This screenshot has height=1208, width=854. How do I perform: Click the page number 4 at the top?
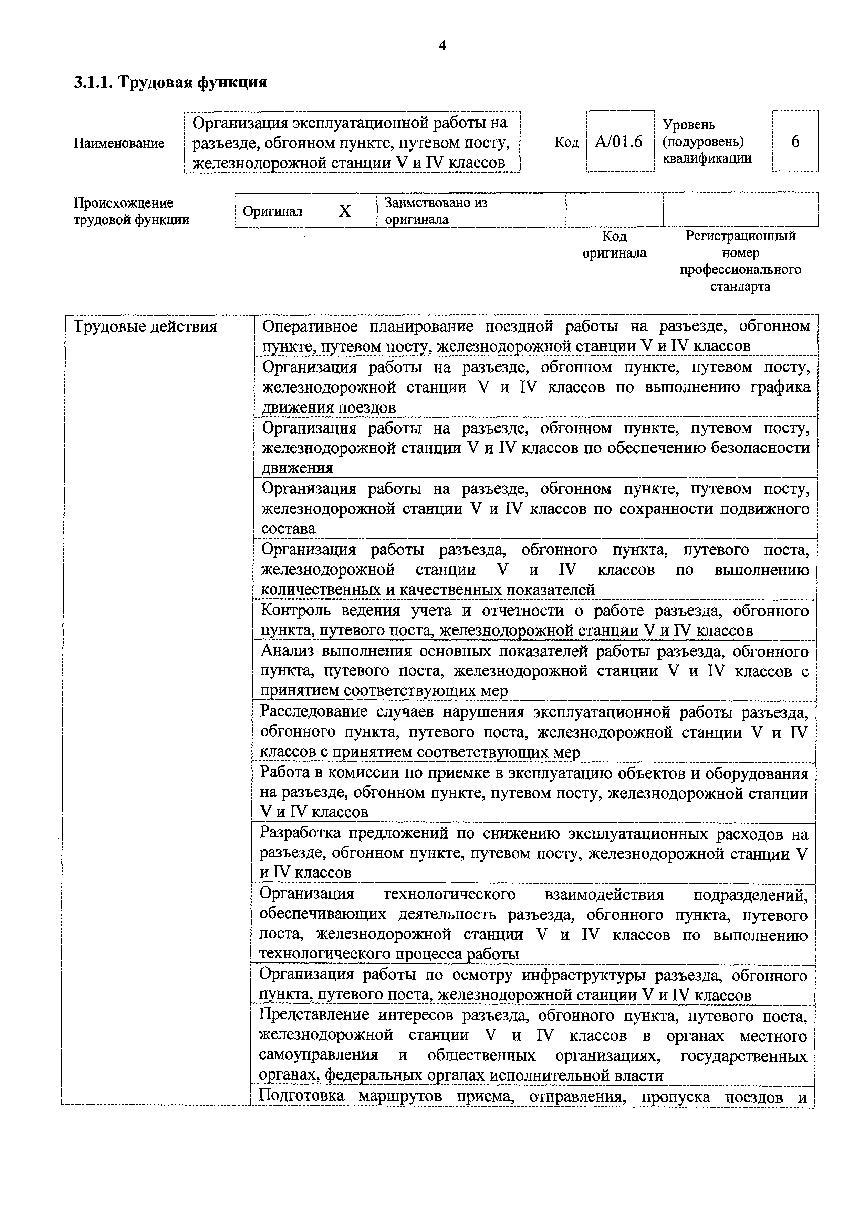click(x=442, y=46)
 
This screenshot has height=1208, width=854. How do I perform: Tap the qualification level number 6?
click(x=795, y=141)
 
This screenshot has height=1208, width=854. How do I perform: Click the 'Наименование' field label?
click(x=119, y=143)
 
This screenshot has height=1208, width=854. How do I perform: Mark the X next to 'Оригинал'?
click(x=345, y=211)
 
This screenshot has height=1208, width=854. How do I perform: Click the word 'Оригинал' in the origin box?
click(x=273, y=211)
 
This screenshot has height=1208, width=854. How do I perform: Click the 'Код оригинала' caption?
click(x=614, y=244)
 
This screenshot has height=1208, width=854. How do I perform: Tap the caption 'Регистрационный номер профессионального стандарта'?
click(x=740, y=261)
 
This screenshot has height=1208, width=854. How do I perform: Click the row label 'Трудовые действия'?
click(x=145, y=327)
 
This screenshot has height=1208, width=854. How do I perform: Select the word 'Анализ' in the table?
click(x=287, y=652)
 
